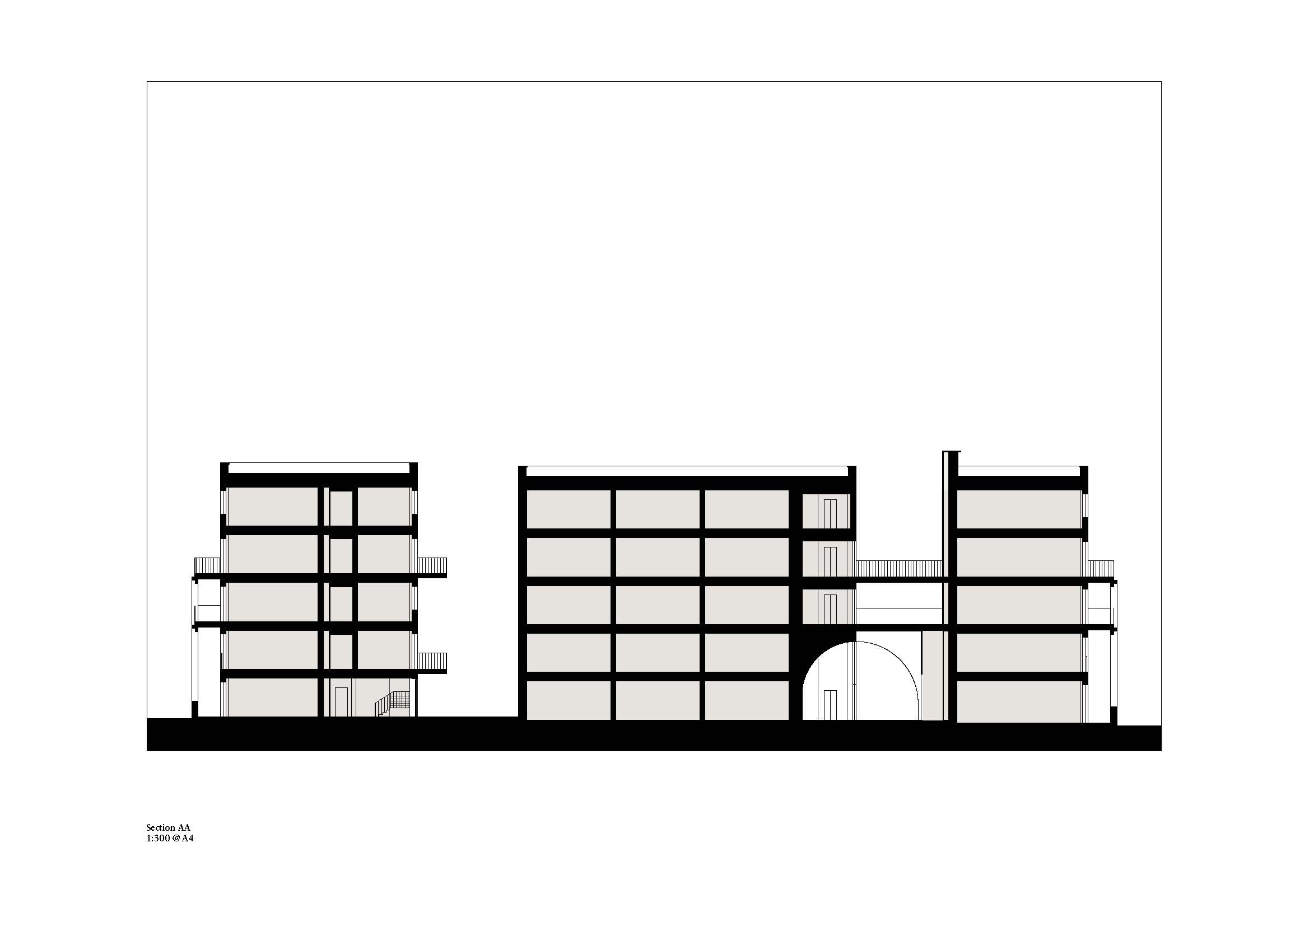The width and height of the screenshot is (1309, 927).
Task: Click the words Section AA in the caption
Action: (168, 828)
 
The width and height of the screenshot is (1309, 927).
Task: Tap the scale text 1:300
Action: (157, 839)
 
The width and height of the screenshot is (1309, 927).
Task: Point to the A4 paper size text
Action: (188, 839)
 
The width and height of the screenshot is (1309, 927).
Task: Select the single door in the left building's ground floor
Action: (341, 701)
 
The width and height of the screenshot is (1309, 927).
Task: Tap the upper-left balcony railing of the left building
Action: (207, 566)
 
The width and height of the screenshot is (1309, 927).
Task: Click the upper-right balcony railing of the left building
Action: (431, 566)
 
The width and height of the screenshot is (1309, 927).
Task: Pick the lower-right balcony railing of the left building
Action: (431, 662)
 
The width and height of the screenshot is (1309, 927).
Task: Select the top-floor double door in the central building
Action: (830, 514)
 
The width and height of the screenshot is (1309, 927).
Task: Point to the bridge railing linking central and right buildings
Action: (898, 569)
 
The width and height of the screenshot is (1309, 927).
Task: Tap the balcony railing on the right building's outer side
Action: (1101, 569)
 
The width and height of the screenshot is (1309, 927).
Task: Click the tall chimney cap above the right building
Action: (952, 452)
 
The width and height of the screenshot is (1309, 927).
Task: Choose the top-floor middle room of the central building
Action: (658, 509)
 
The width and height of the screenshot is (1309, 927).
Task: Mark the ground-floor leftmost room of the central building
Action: (569, 700)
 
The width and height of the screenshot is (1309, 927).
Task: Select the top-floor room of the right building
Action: (1019, 509)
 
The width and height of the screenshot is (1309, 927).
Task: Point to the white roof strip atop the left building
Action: (319, 468)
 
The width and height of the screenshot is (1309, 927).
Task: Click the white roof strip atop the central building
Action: (687, 471)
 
